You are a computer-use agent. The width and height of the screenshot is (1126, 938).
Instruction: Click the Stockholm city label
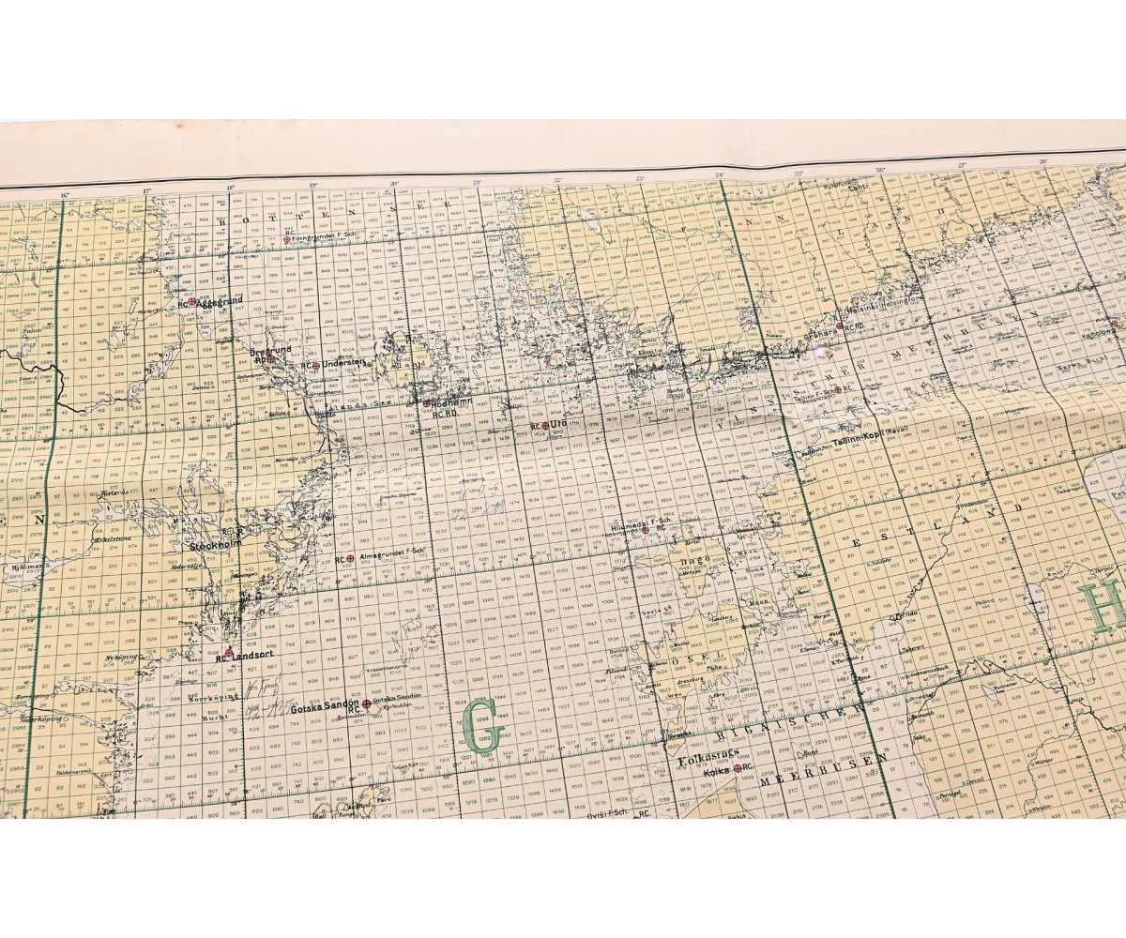click(215, 543)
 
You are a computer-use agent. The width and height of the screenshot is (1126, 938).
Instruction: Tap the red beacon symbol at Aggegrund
click(191, 302)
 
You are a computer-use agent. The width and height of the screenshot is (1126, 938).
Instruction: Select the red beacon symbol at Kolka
click(738, 768)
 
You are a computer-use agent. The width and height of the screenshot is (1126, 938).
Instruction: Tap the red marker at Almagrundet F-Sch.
click(350, 559)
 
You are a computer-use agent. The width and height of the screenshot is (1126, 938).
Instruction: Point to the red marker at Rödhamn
click(426, 403)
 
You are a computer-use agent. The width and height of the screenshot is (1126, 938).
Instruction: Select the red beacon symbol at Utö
click(544, 425)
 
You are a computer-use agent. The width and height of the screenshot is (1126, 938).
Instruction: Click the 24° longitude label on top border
click(720, 174)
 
